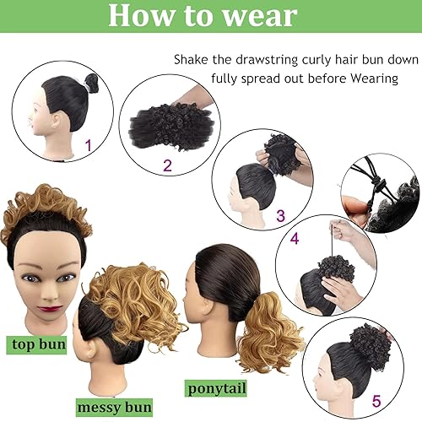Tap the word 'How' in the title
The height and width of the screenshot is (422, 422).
(x=141, y=16)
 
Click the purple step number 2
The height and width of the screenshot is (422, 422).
(x=167, y=165)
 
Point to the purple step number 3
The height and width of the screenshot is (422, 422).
(x=280, y=217)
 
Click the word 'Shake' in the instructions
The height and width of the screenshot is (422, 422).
(x=193, y=60)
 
